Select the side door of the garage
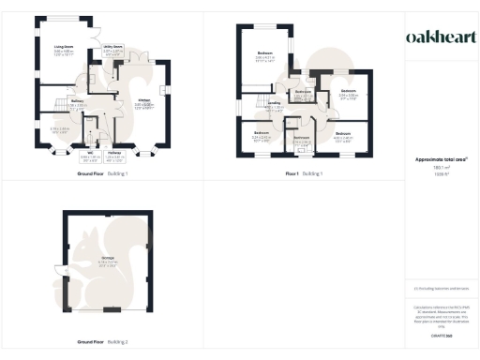click(x=65, y=277)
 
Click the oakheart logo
click(x=439, y=37)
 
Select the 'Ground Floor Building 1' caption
click(x=104, y=174)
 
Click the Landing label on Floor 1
click(x=274, y=105)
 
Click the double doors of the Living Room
click(x=98, y=39)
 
